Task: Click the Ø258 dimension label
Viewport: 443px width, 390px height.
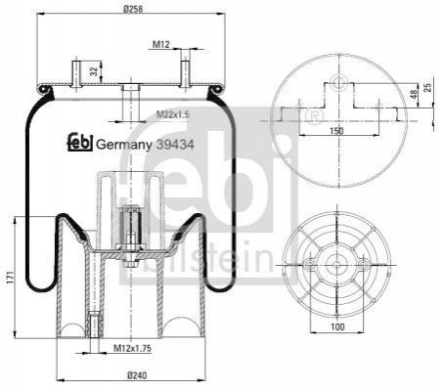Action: click(133, 9)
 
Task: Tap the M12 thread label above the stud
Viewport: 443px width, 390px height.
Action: click(161, 44)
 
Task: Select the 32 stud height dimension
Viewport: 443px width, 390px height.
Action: click(94, 71)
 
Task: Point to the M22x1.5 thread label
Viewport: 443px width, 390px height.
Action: click(173, 114)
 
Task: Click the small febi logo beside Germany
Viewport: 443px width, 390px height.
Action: click(80, 143)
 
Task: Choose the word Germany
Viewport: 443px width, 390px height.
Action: click(124, 145)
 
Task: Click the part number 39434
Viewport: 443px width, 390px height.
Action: click(175, 144)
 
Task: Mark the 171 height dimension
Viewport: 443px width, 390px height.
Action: click(10, 277)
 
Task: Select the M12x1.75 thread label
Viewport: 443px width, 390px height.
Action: click(132, 348)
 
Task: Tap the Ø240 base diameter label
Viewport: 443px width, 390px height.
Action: click(131, 375)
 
